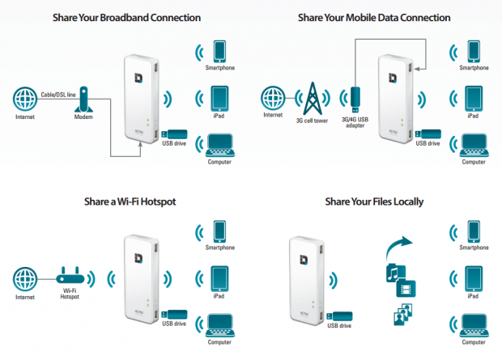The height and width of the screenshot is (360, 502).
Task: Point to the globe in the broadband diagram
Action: [24, 101]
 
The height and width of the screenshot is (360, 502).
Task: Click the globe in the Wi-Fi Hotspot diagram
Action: [24, 278]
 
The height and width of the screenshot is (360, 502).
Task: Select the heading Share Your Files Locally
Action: [374, 201]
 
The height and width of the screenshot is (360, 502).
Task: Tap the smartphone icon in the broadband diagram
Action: [219, 53]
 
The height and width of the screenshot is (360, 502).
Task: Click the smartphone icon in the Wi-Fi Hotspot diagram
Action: [219, 231]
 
